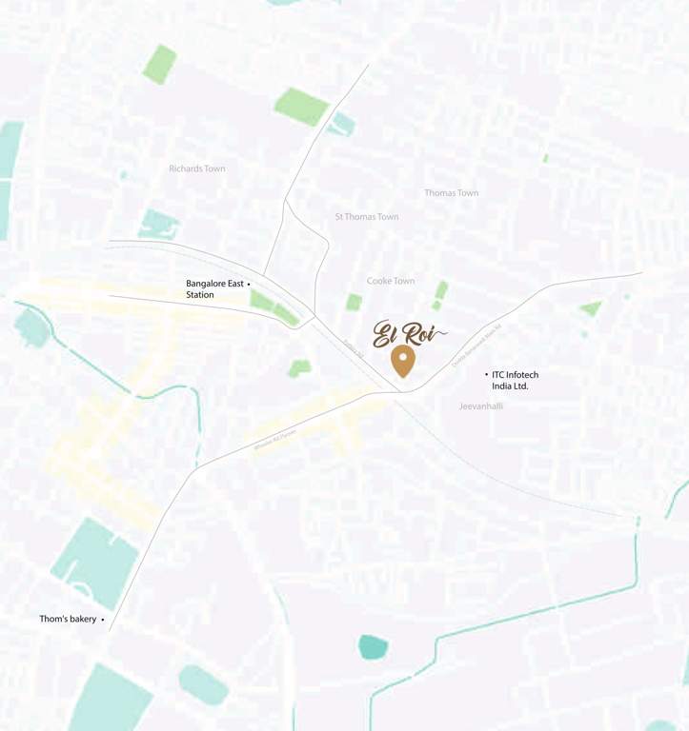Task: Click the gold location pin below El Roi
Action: pos(403,361)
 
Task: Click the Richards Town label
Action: pos(197,168)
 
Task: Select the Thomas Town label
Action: pos(452,193)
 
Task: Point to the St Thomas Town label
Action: pos(367,217)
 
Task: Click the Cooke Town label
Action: pos(391,281)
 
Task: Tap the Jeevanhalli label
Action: pos(481,405)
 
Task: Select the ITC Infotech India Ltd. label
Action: pos(515,381)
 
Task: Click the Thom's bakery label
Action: pos(68,619)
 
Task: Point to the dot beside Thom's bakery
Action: pos(103,620)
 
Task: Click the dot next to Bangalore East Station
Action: pos(249,284)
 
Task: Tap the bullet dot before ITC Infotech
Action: pos(486,375)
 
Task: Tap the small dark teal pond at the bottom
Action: pos(374,647)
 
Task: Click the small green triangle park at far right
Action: pos(591,307)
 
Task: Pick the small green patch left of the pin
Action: pos(300,367)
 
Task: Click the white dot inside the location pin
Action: pos(403,356)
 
